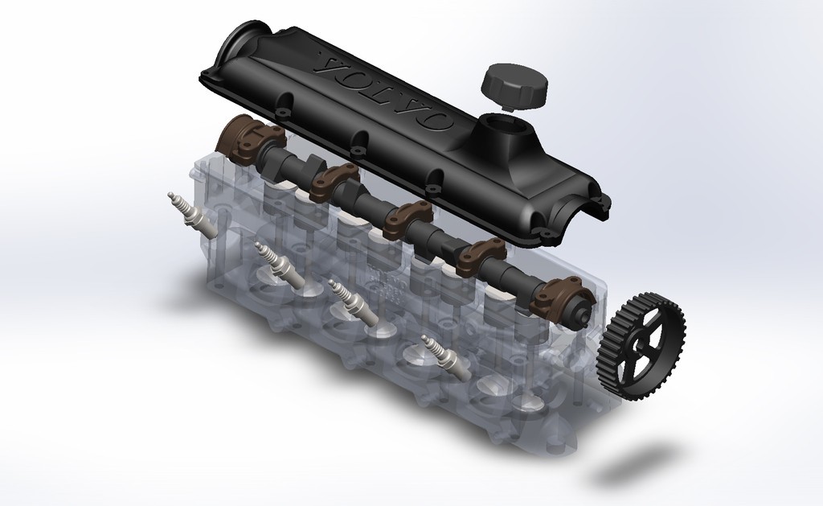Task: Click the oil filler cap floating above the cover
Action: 514,84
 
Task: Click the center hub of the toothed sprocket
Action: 641,344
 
